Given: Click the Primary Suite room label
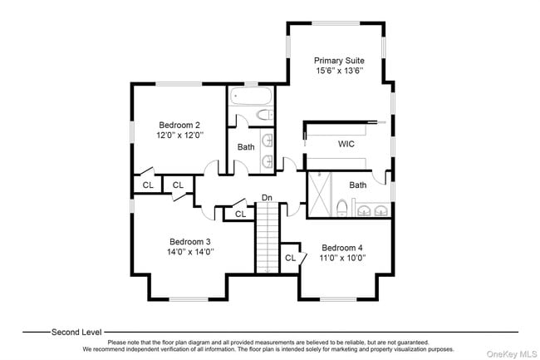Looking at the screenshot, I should pyautogui.click(x=337, y=61).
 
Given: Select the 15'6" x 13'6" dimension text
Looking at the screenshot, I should pyautogui.click(x=337, y=72).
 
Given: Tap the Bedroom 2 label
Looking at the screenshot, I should pyautogui.click(x=179, y=124).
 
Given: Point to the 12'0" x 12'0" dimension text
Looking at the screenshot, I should pyautogui.click(x=179, y=135).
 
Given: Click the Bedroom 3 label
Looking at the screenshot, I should pyautogui.click(x=189, y=241).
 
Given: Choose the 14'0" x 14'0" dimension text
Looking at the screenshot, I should pyautogui.click(x=189, y=252).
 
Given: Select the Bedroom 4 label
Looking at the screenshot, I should pyautogui.click(x=342, y=248).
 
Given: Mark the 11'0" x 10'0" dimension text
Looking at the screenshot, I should pyautogui.click(x=342, y=259).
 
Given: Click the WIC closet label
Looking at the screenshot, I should pyautogui.click(x=346, y=144).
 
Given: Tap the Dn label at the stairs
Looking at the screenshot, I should pyautogui.click(x=267, y=197).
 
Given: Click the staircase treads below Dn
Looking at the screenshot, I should pyautogui.click(x=267, y=241).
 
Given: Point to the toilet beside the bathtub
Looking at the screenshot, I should pyautogui.click(x=263, y=116).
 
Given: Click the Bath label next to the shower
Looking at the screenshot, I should pyautogui.click(x=358, y=185).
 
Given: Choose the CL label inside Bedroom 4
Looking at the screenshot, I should pyautogui.click(x=291, y=258).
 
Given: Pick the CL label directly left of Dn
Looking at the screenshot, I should pyautogui.click(x=240, y=214).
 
